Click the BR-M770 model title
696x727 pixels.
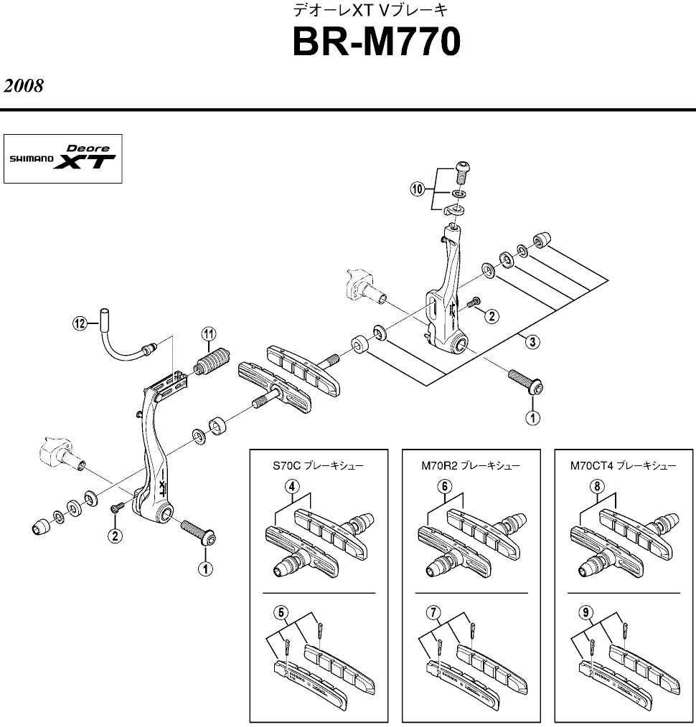pos(376,43)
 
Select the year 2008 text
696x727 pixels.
pos(24,86)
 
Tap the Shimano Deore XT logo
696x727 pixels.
pos(63,158)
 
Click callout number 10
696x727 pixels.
pos(417,189)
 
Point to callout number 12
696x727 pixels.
pos(80,323)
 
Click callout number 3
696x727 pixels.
pos(532,341)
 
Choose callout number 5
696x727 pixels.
pos(281,612)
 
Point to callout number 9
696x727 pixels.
pos(587,612)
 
